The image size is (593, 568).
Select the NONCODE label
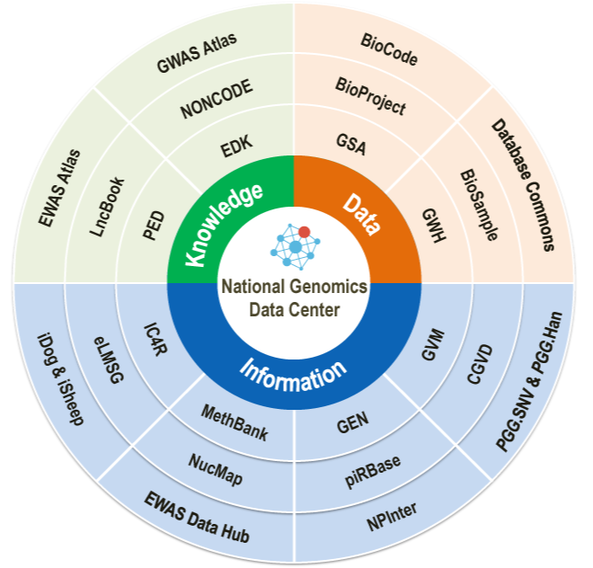point(217,99)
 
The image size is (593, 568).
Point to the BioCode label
point(390,45)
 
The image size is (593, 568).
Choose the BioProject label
point(370,96)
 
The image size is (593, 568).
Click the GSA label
point(351,145)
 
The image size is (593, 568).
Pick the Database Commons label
point(522,184)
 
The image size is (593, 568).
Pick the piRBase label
point(373,468)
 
